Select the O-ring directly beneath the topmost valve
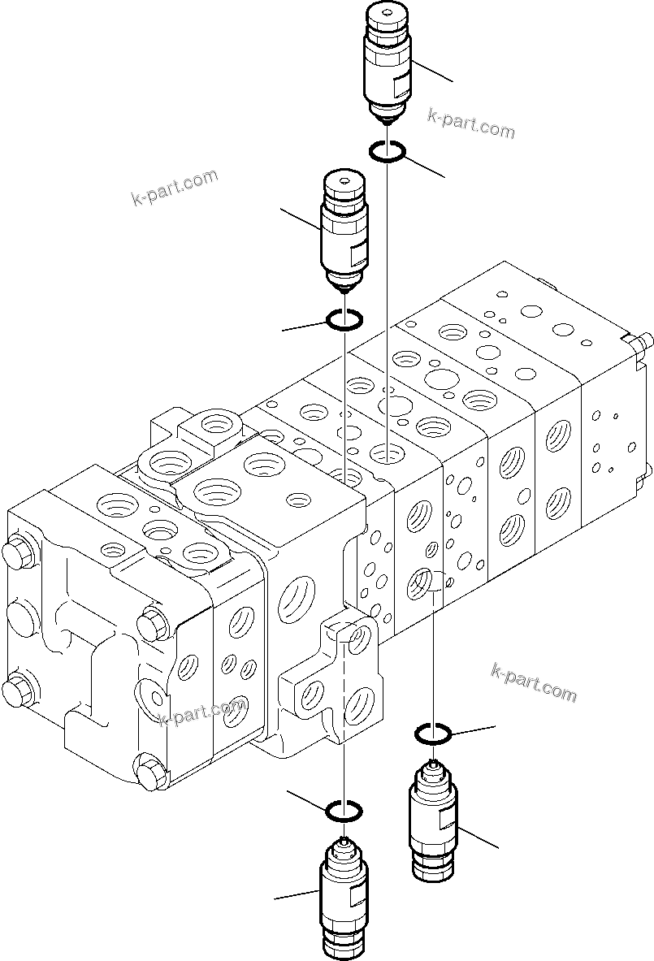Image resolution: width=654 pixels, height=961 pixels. point(388,150)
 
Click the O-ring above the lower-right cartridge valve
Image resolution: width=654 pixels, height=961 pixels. point(434,734)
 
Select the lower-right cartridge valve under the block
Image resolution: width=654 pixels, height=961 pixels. point(435,820)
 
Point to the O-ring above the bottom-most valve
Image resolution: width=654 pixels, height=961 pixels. point(344,811)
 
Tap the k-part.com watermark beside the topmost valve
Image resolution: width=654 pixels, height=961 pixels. point(471,123)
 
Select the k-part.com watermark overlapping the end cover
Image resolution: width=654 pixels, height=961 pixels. point(203,713)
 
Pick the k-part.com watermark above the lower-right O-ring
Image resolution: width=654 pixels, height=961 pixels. point(534,682)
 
